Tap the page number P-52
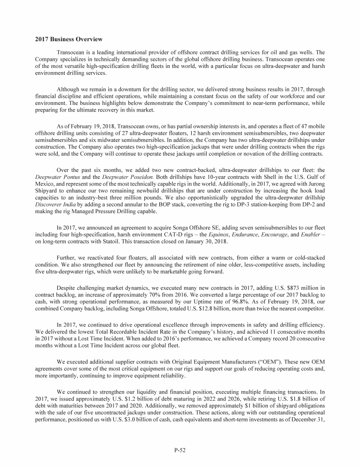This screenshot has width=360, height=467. [x=180, y=451]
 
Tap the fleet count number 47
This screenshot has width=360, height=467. [x=300, y=126]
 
